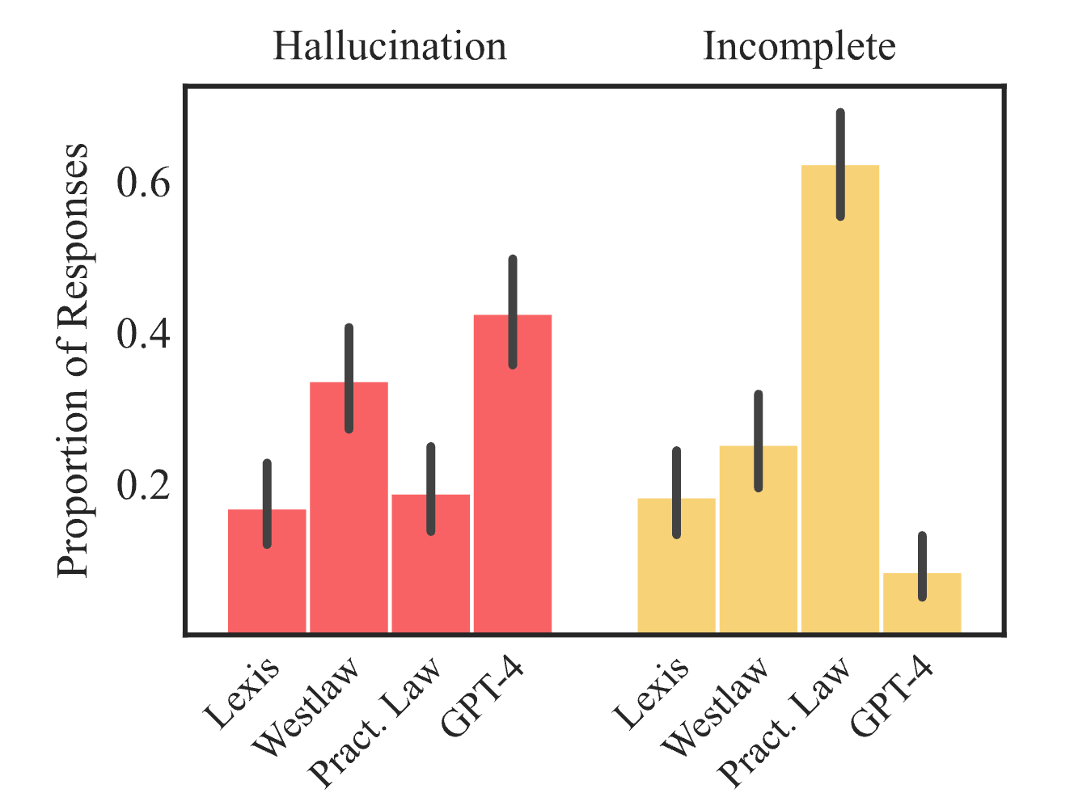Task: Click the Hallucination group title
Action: [x=389, y=46]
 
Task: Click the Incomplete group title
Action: [x=798, y=46]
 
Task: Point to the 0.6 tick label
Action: [x=144, y=184]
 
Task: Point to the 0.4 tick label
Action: [x=144, y=335]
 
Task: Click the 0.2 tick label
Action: [x=144, y=485]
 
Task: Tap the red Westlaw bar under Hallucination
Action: [x=349, y=517]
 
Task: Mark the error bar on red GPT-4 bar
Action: [x=512, y=311]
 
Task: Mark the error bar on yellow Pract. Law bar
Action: [x=840, y=164]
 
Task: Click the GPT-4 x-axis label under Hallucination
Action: [x=483, y=697]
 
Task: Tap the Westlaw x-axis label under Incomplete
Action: [x=716, y=707]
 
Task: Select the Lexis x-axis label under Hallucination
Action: [x=242, y=693]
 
